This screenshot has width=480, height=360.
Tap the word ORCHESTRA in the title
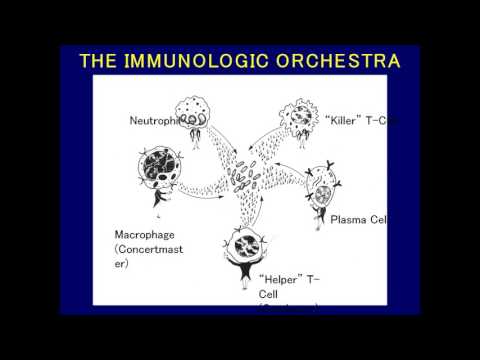point(336,61)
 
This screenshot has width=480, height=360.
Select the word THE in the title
point(101,61)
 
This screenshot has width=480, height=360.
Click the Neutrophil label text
point(154,122)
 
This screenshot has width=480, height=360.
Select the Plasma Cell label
point(358,219)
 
